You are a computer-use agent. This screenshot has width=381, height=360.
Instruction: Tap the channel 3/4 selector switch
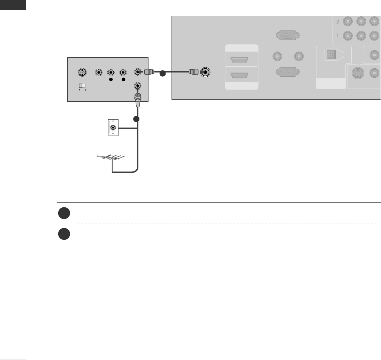82,85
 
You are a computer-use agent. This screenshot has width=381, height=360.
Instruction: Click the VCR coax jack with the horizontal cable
138,72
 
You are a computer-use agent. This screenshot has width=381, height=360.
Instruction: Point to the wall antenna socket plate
113,128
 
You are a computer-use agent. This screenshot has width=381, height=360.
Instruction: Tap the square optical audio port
329,54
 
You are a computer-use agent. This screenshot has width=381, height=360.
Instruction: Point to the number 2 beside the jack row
337,22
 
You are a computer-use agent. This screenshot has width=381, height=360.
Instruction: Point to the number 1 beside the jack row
337,36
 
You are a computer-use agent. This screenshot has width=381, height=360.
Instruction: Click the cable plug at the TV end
193,72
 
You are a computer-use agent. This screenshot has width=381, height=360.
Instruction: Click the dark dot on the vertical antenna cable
136,119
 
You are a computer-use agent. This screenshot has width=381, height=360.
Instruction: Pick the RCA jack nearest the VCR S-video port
99,73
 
